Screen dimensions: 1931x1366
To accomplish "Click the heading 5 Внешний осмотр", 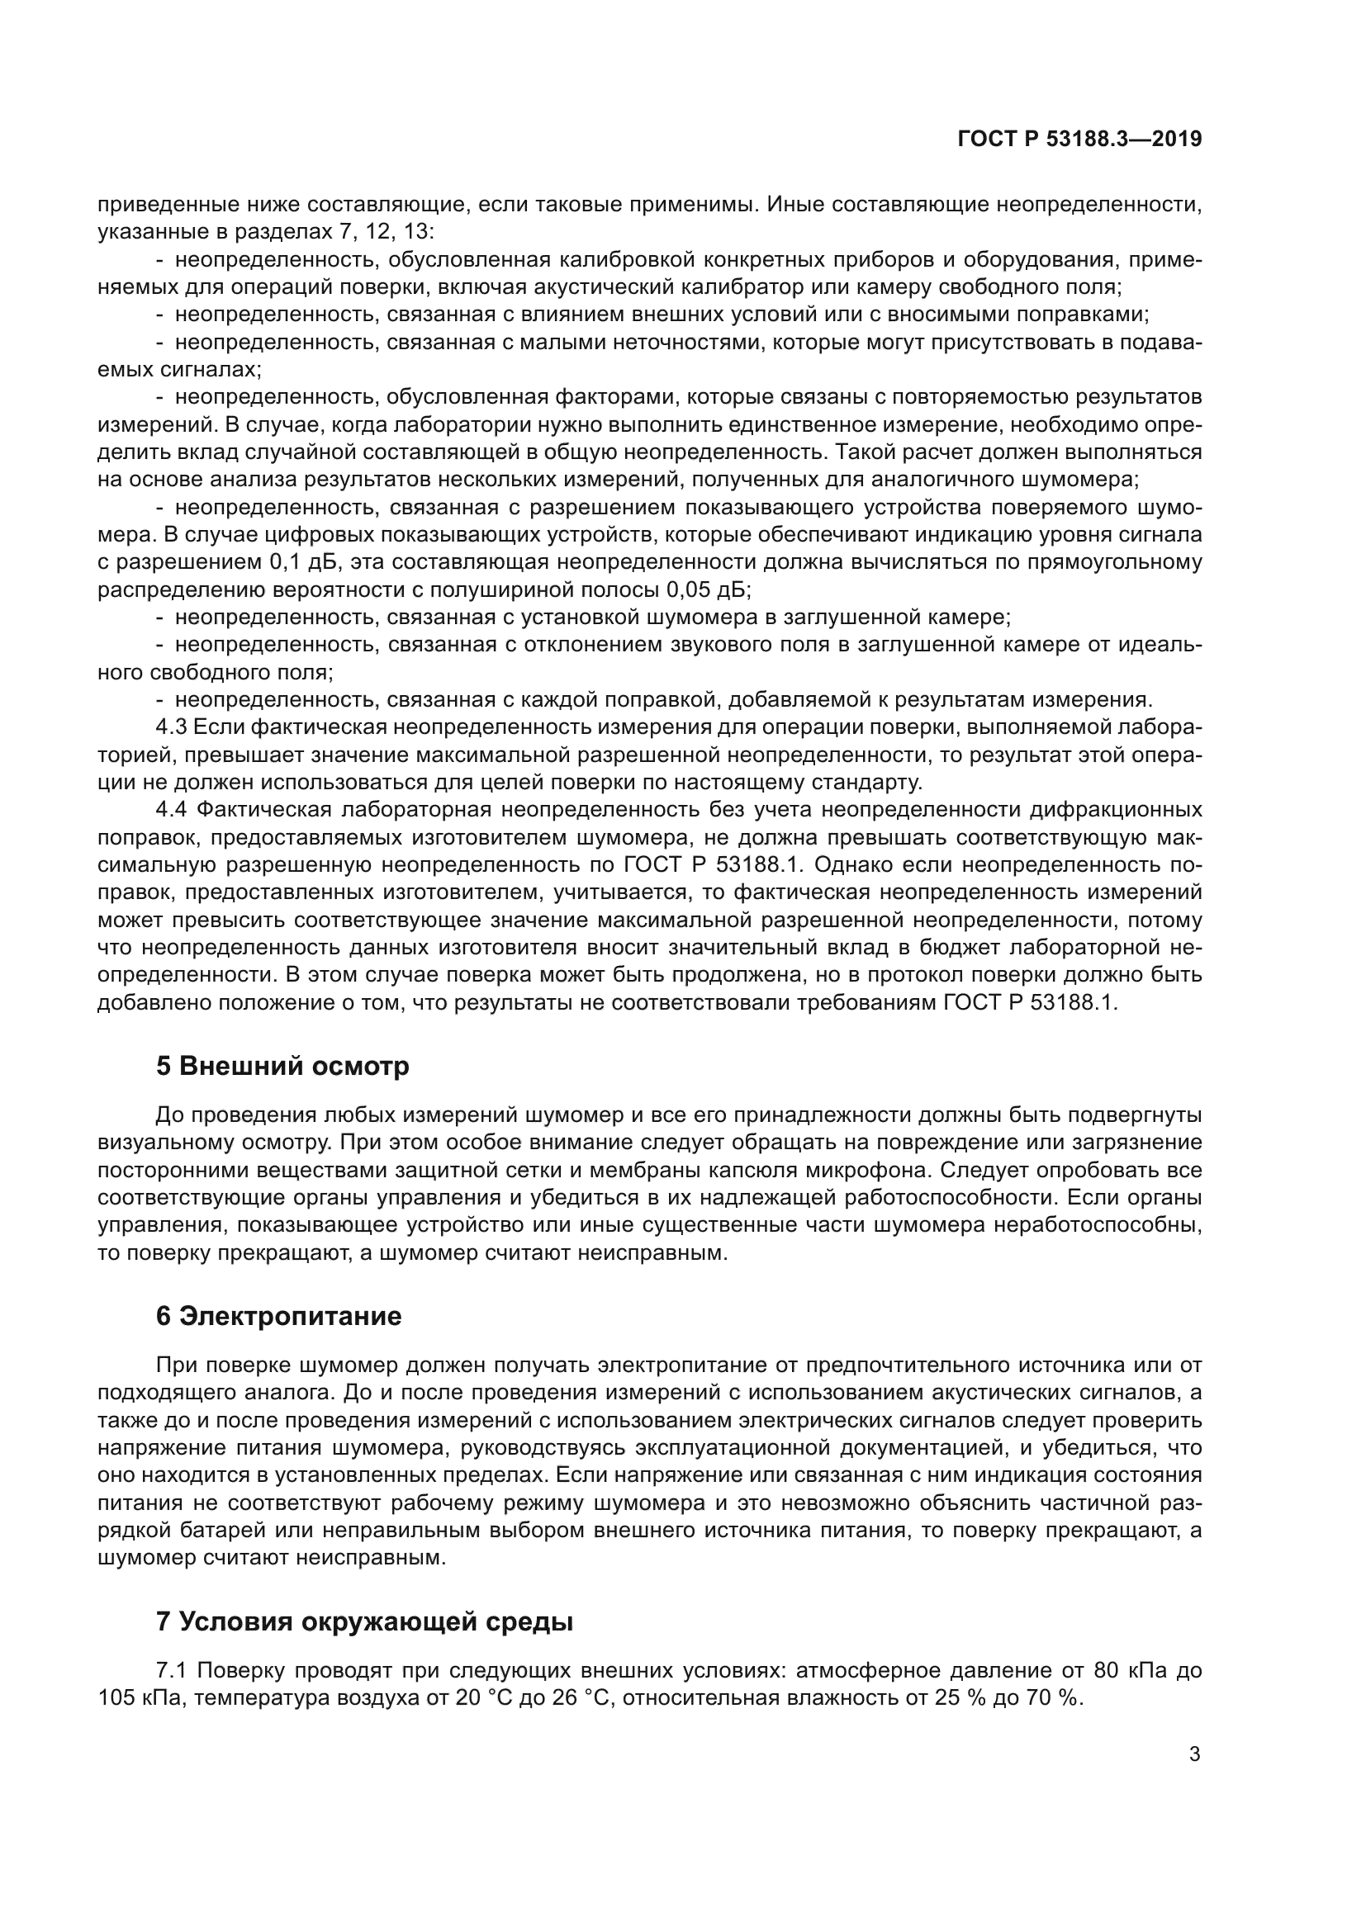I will (282, 1066).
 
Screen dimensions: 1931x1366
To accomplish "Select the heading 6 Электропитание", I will (278, 1316).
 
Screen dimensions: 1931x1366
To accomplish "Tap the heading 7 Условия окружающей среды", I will (364, 1621).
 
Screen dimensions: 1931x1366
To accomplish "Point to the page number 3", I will (1194, 1754).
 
